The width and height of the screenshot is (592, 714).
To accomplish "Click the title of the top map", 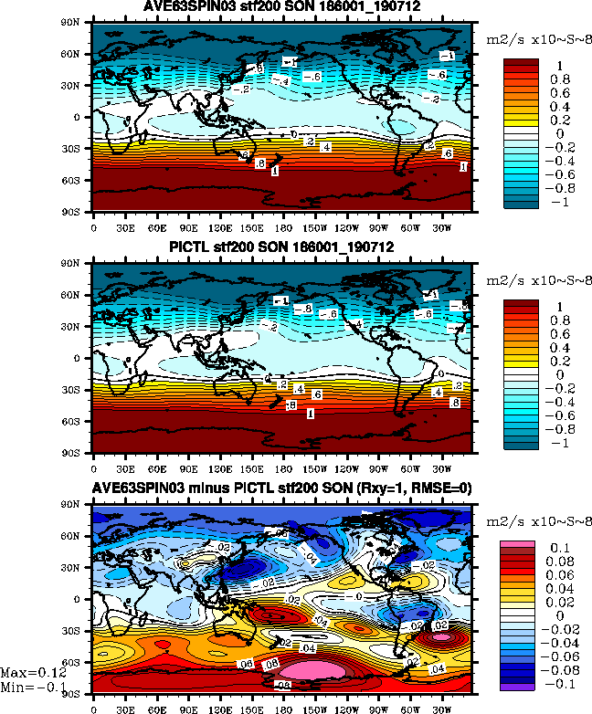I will click(281, 7).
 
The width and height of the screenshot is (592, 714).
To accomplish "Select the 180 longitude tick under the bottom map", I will click(282, 705).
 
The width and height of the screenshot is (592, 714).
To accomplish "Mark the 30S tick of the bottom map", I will click(79, 631).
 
